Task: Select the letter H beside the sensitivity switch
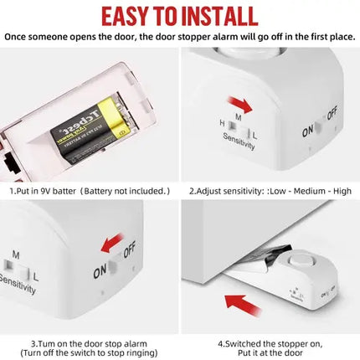pos(221,123)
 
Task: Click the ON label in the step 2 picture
pos(307,131)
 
